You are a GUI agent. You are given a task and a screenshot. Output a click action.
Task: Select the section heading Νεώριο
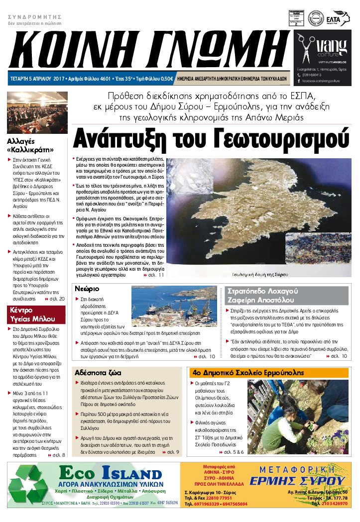[x=87, y=289]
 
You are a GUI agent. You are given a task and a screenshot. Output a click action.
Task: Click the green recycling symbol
[x=30, y=484]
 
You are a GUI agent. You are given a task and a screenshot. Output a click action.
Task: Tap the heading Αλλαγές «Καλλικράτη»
[x=31, y=145]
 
